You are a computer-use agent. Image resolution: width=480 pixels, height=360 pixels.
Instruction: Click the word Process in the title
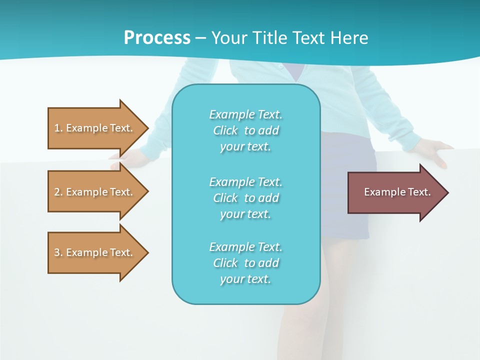click(x=157, y=38)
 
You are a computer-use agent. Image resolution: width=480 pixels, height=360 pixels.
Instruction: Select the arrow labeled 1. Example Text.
click(x=95, y=128)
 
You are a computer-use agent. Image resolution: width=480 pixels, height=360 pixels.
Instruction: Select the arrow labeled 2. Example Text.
click(x=95, y=192)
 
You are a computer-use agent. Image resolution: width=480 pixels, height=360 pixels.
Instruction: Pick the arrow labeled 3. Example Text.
click(x=95, y=252)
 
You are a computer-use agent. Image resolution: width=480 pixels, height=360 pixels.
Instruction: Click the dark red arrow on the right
click(x=395, y=192)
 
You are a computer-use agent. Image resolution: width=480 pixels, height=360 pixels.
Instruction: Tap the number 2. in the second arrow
click(x=58, y=192)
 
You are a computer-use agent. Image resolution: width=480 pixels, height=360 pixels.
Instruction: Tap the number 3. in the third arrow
click(x=58, y=252)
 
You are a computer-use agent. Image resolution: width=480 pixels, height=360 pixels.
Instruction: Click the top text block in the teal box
click(x=245, y=130)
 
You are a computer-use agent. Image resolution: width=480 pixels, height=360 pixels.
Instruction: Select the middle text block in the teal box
click(x=245, y=198)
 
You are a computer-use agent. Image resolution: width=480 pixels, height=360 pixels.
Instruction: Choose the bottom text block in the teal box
click(x=245, y=263)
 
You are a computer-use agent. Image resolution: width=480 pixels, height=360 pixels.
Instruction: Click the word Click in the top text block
click(x=225, y=130)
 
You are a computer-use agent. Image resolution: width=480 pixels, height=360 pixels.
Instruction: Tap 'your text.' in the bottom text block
click(x=245, y=279)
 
